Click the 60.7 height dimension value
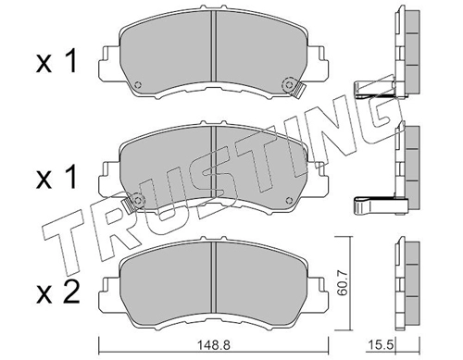[x=343, y=283]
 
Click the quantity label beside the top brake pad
[x=56, y=63]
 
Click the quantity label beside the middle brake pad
[x=56, y=178]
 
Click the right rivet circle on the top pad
[x=289, y=83]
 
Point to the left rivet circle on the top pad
[x=138, y=84]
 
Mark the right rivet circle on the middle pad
[x=289, y=200]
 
